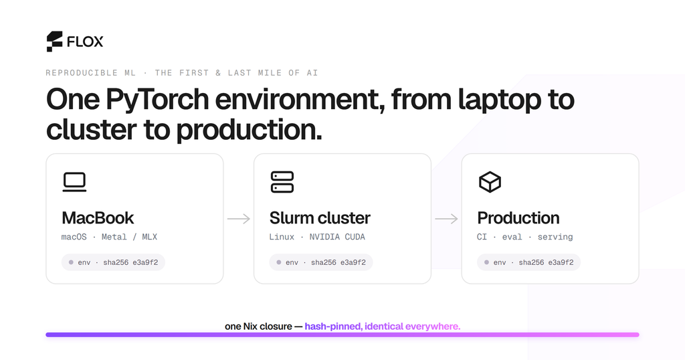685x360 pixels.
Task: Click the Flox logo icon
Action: click(55, 41)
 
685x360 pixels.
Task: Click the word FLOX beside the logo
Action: click(85, 41)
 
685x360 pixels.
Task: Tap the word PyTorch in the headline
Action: click(157, 100)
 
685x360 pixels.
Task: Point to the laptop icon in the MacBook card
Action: click(74, 182)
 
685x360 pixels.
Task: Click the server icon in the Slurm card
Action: click(282, 182)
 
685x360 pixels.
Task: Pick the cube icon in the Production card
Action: click(490, 182)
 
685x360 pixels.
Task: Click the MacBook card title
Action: click(98, 217)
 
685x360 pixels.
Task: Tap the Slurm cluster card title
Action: click(320, 217)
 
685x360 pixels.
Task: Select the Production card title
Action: click(518, 217)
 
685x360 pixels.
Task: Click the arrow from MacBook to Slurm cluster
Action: click(239, 218)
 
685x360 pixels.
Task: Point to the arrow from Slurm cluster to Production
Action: click(446, 218)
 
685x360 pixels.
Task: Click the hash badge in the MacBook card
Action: click(113, 262)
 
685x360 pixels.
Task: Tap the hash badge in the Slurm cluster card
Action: click(321, 262)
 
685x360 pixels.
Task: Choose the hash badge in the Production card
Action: click(528, 262)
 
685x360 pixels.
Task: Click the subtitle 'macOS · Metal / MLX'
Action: click(109, 237)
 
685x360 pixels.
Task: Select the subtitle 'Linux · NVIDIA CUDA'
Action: click(317, 237)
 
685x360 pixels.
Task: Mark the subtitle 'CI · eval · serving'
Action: click(524, 237)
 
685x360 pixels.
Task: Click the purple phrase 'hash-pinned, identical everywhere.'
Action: click(383, 327)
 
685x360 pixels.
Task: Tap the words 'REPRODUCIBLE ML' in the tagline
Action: click(91, 72)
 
